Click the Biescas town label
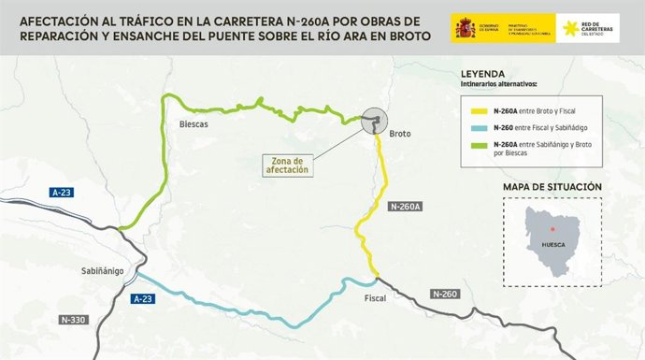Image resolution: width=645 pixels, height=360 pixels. click(x=194, y=123)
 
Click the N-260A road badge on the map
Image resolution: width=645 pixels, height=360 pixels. click(x=407, y=206)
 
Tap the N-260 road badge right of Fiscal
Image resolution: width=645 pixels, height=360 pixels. click(x=446, y=294)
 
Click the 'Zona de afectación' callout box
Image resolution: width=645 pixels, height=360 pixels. click(x=286, y=166)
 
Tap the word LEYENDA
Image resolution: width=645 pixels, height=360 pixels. click(x=483, y=74)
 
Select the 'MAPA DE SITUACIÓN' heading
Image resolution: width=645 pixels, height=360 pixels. click(x=552, y=187)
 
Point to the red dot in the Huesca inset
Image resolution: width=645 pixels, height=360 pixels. click(x=552, y=228)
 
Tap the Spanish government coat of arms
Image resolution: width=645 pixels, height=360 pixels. click(x=465, y=29)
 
